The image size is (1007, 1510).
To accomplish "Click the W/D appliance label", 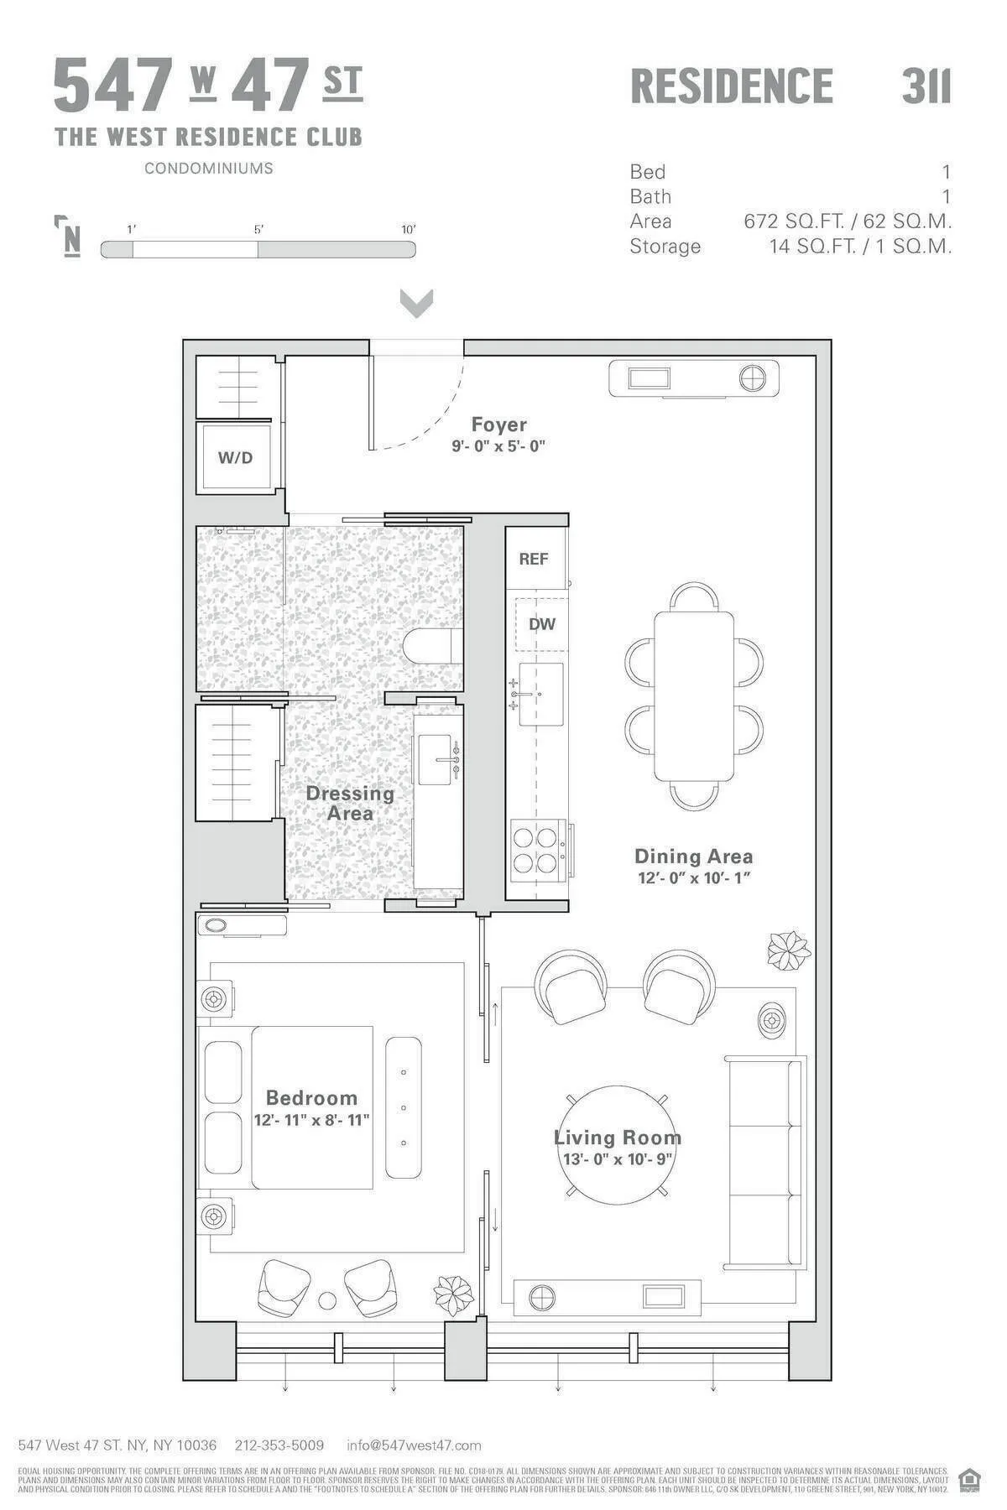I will pyautogui.click(x=235, y=458).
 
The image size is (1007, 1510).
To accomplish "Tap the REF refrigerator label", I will pyautogui.click(x=534, y=559).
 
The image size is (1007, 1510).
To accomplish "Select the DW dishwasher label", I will pyautogui.click(x=541, y=624).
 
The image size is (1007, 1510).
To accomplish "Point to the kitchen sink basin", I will pyautogui.click(x=541, y=695).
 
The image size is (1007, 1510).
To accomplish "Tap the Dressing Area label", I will pyautogui.click(x=349, y=803).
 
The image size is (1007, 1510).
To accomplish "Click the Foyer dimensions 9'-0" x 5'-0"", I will pyautogui.click(x=498, y=446).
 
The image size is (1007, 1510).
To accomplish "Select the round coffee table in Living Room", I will pyautogui.click(x=617, y=1145).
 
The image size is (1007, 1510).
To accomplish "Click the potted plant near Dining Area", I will pyautogui.click(x=789, y=950).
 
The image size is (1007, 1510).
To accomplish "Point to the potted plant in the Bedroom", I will pyautogui.click(x=454, y=1294).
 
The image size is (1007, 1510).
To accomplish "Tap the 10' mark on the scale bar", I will pyautogui.click(x=408, y=230).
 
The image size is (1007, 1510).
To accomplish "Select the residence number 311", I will pyautogui.click(x=926, y=86).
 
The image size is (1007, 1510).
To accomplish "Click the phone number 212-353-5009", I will pyautogui.click(x=279, y=1445).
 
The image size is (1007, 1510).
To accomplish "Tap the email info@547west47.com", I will pyautogui.click(x=414, y=1445).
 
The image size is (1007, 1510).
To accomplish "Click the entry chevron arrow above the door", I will pyautogui.click(x=416, y=304).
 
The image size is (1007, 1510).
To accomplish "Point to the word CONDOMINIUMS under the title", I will pyautogui.click(x=208, y=168).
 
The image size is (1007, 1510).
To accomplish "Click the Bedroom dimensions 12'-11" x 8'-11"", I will pyautogui.click(x=311, y=1120).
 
